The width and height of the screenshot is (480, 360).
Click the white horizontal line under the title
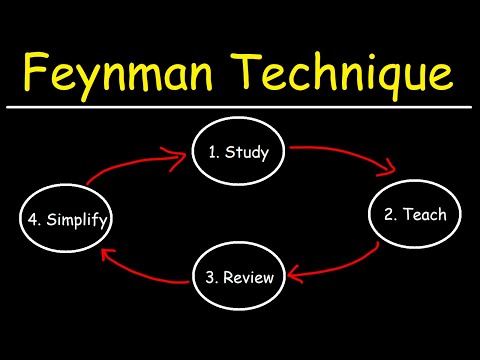coord(240,106)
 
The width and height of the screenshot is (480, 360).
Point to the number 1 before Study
coord(212,153)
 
